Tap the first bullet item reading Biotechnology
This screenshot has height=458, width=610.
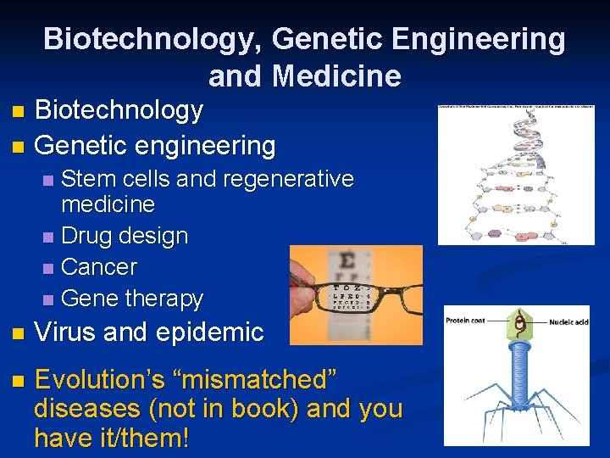click(119, 110)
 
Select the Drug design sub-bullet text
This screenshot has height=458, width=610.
click(125, 236)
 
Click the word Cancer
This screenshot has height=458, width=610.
click(99, 267)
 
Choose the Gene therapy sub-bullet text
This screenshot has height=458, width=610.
click(132, 299)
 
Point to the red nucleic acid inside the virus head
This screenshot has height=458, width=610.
click(518, 322)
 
